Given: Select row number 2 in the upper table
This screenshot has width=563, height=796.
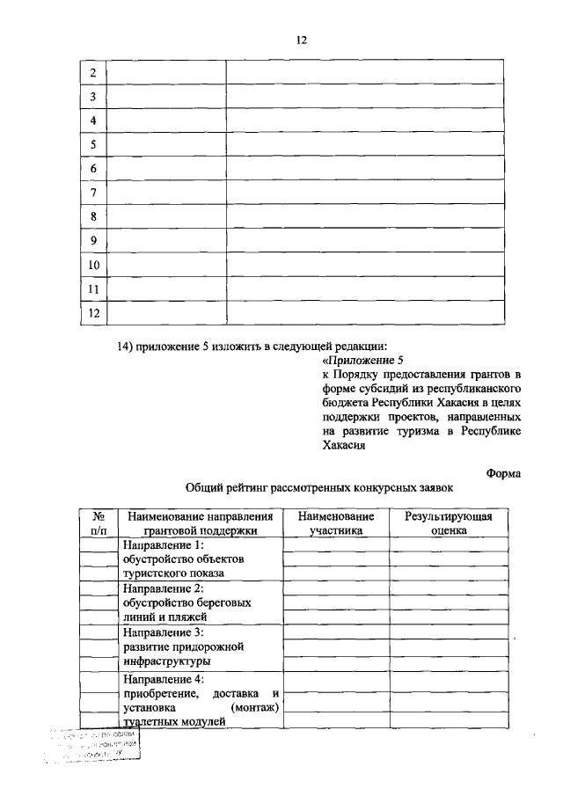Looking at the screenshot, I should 93,73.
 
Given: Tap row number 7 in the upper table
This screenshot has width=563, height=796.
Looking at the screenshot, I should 93,193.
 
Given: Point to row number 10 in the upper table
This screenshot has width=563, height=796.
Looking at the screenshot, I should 93,265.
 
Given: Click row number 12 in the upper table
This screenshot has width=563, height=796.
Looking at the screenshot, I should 93,313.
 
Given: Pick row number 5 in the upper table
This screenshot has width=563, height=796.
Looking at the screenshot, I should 93,145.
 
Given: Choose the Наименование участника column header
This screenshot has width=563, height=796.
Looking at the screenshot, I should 335,523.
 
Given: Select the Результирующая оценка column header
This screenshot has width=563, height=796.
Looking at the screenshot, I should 448,523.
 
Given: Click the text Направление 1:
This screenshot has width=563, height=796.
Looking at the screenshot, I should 163,545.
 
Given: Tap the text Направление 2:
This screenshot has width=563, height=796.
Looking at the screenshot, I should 163,588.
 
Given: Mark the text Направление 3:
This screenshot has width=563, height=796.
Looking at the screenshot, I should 163,632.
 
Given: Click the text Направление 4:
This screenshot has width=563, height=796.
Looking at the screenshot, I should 163,679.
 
